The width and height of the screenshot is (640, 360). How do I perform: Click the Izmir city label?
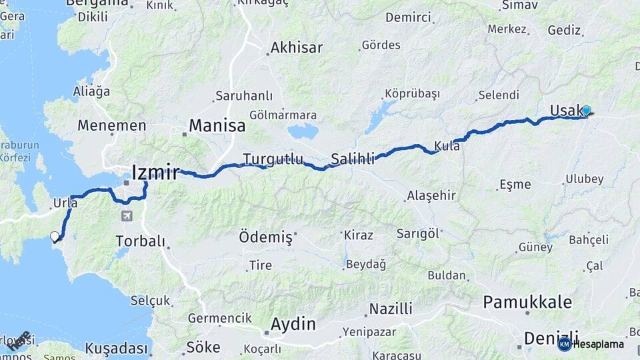[155, 173]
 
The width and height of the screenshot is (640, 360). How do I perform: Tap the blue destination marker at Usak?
[586, 111]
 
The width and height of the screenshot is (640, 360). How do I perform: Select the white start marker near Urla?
[55, 236]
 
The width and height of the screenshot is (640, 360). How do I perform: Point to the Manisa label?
[217, 125]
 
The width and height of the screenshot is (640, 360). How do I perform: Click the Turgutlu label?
[273, 159]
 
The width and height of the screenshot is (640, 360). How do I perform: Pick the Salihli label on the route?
[353, 159]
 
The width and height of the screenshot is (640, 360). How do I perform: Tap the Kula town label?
[447, 146]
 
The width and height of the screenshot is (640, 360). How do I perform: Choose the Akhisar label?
[296, 48]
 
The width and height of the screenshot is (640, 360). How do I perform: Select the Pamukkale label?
[527, 302]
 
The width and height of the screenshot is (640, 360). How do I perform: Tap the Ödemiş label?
[265, 237]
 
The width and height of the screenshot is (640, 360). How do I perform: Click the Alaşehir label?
[431, 196]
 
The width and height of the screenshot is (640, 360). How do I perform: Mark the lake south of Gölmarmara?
[303, 131]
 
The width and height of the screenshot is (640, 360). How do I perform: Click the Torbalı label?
[140, 241]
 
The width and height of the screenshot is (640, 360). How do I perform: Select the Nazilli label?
[391, 309]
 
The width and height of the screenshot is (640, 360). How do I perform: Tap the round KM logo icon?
[565, 344]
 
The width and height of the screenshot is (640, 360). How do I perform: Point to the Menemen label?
[111, 125]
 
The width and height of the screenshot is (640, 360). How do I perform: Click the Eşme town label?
[515, 185]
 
